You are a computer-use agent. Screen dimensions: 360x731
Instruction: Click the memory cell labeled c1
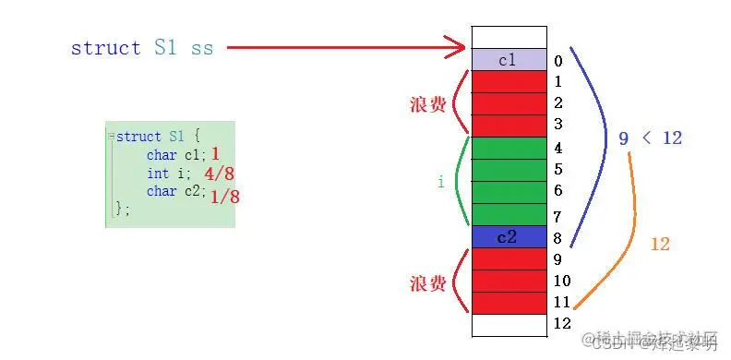tap(509, 60)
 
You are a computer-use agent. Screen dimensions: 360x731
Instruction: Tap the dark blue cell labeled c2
tap(509, 237)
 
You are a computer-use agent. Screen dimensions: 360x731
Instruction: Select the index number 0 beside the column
tap(558, 62)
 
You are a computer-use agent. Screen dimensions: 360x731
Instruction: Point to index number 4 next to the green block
tap(558, 148)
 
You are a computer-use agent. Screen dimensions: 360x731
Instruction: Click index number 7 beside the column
tap(558, 217)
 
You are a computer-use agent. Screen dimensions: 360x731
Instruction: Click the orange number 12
tap(659, 245)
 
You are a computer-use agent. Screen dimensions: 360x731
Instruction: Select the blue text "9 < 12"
tap(650, 138)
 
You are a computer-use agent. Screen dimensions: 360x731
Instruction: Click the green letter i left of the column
tap(440, 183)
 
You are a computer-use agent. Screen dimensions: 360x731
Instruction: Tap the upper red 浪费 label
tap(428, 104)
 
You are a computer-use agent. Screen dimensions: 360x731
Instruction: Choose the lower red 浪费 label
tap(428, 283)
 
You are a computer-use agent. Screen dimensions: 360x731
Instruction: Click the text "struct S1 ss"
tap(141, 48)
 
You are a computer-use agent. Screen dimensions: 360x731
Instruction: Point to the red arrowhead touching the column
tap(457, 46)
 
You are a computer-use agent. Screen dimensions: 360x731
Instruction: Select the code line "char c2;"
tap(174, 191)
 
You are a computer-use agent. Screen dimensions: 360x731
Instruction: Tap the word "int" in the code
tap(157, 174)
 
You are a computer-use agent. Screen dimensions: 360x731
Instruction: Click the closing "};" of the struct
tap(121, 210)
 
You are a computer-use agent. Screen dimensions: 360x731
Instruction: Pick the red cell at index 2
tap(509, 103)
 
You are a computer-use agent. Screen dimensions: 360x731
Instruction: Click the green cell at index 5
tap(509, 170)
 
